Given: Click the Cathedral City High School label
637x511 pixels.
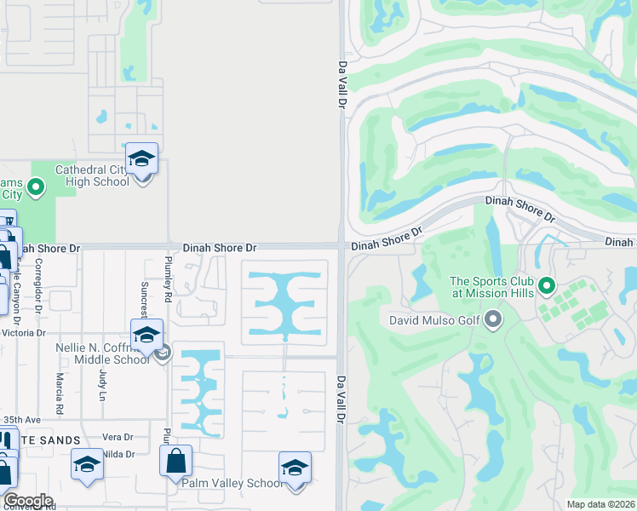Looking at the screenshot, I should pos(92,175).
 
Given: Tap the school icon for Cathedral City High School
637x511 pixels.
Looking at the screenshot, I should pos(142,159).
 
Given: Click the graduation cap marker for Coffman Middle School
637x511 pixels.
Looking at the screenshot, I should pos(146,336).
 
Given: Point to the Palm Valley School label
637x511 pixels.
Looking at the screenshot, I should pos(232,483).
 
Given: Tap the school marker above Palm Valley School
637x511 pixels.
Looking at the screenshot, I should pos(295,468).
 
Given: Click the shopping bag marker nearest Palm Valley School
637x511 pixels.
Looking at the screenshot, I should pos(175,462).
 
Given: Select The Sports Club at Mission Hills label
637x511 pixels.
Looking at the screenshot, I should pos(491,287).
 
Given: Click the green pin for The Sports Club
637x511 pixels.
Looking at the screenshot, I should pos(546,286).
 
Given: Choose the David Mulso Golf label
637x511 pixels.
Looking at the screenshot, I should pos(434,321).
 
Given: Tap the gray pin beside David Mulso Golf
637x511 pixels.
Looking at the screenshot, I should pos(493,321).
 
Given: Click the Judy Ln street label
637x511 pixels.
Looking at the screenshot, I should pos(101,385).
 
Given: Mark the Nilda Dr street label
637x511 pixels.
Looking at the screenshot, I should pos(118,455).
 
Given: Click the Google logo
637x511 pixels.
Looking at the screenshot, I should pos(28,501).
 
